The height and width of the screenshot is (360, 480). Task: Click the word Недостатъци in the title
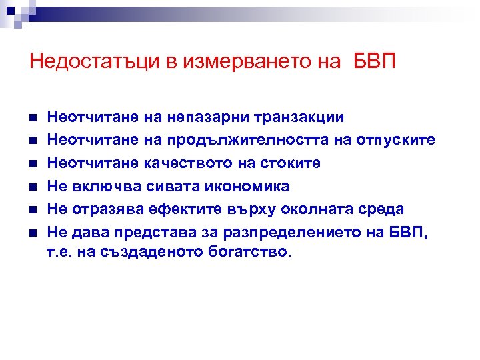tap(93, 62)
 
